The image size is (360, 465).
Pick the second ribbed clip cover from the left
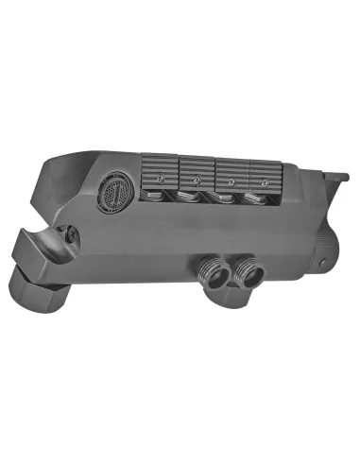(x=196, y=171)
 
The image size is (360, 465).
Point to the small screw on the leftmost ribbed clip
(x=161, y=176)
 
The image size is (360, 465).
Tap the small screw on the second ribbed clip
(x=197, y=178)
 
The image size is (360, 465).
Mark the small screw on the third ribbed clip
(x=231, y=180)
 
